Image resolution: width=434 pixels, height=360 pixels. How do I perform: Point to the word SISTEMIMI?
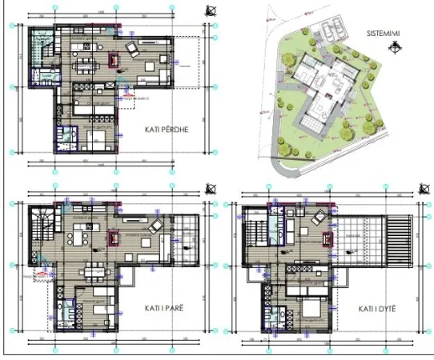[x=384, y=34]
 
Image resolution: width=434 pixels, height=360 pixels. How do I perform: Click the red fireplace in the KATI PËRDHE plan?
[x=114, y=58]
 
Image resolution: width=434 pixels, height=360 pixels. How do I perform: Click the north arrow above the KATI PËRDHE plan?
[x=209, y=10]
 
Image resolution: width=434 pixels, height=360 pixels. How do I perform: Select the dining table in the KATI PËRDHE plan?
[x=83, y=65]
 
